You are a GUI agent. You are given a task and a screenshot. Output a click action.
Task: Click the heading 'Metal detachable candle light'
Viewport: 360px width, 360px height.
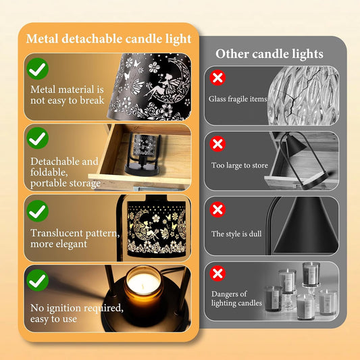(109, 38)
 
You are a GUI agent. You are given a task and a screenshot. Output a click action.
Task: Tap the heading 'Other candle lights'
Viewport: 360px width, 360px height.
(269, 54)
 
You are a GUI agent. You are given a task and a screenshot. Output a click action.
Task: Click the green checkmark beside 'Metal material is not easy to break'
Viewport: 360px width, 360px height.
(37, 69)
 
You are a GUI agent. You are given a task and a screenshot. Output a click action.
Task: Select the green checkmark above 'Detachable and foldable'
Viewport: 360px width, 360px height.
(37, 138)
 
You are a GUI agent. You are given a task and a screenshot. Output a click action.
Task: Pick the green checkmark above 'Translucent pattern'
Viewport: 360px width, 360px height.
(37, 211)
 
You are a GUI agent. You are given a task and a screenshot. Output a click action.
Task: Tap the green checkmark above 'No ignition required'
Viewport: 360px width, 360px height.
(37, 280)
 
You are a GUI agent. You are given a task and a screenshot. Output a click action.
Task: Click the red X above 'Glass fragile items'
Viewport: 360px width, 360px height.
(217, 78)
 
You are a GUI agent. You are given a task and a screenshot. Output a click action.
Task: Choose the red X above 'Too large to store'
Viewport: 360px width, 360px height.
(217, 144)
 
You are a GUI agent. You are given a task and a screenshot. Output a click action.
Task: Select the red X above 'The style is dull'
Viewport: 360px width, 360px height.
(217, 209)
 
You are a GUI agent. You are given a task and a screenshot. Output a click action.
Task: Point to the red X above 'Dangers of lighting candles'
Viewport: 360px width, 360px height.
(217, 274)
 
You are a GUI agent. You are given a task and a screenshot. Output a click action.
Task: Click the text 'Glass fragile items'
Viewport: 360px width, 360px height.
(238, 99)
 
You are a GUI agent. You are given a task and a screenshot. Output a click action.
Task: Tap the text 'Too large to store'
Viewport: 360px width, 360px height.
(240, 165)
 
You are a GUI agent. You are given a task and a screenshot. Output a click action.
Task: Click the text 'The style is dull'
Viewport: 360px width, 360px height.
(236, 234)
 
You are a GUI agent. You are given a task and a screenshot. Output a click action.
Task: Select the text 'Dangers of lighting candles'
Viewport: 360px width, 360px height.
(236, 299)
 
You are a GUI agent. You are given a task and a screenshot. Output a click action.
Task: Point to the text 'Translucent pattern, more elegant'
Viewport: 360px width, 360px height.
(75, 238)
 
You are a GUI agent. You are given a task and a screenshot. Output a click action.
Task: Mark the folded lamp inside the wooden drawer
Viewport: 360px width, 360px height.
(142, 154)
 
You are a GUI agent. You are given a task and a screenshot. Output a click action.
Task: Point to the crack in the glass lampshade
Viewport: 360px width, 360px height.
(297, 94)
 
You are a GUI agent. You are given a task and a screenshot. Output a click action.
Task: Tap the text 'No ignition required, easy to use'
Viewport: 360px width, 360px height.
(77, 313)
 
